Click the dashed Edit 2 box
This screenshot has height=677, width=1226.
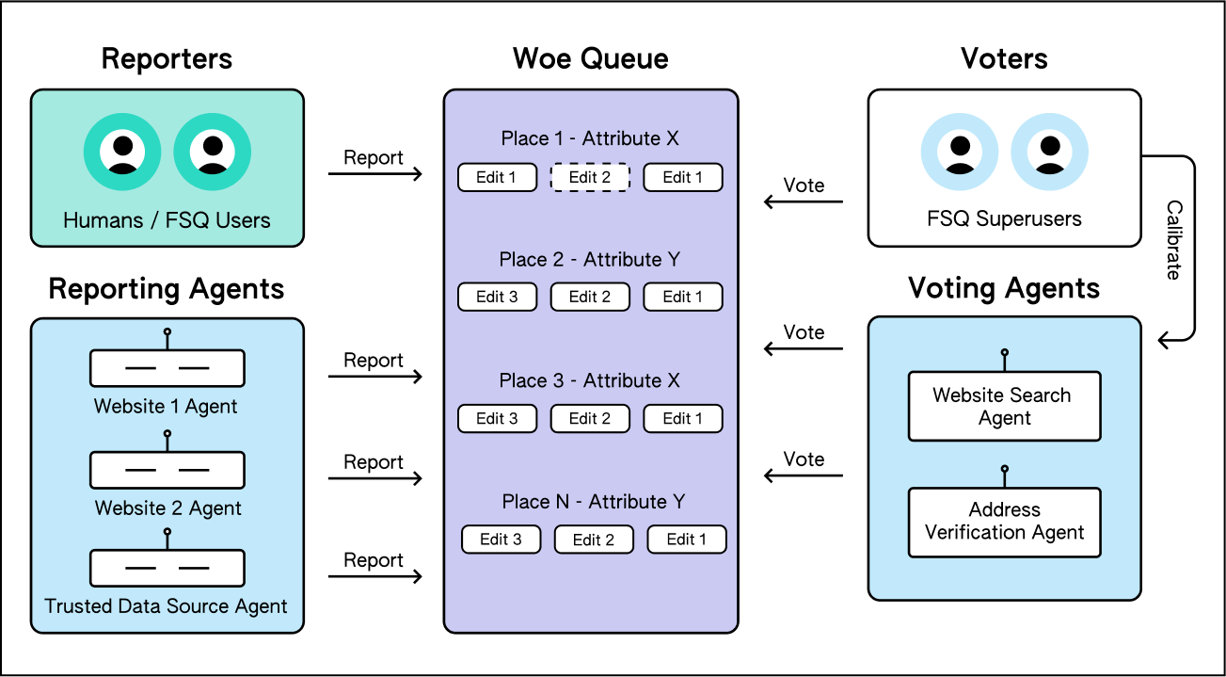click(x=590, y=177)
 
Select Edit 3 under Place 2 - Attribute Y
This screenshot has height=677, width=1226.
click(x=497, y=297)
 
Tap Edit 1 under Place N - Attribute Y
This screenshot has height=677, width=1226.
click(x=687, y=540)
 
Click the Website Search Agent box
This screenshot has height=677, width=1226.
click(x=1004, y=407)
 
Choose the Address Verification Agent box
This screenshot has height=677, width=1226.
click(x=1004, y=522)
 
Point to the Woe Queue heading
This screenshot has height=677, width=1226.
click(x=591, y=58)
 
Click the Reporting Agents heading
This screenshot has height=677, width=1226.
click(x=167, y=289)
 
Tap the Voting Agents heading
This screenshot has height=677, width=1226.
click(x=1004, y=288)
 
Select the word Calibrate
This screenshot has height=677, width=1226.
click(x=1174, y=240)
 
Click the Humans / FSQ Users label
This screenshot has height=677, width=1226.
click(x=167, y=220)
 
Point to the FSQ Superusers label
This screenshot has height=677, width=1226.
click(x=1004, y=218)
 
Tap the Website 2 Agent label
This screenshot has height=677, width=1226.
click(x=167, y=508)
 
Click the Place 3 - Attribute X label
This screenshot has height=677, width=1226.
click(x=589, y=380)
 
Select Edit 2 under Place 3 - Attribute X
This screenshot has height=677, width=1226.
click(x=590, y=418)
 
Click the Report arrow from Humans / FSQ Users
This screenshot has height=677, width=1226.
click(x=375, y=173)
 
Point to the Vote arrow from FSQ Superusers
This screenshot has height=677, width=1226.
click(x=804, y=201)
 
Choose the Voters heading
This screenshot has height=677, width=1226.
click(x=1004, y=58)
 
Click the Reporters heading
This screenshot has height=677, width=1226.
click(x=167, y=59)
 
